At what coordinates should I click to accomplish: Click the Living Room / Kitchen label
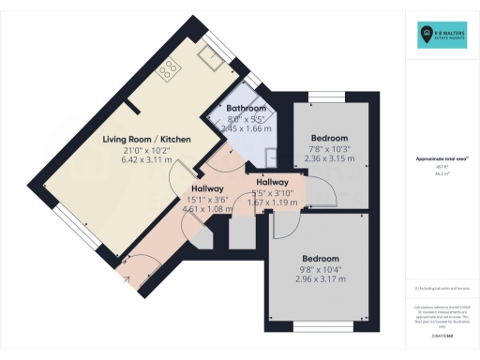[x=147, y=140]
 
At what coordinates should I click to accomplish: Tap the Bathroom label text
[x=246, y=109]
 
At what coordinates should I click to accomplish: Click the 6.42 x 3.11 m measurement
[x=146, y=161]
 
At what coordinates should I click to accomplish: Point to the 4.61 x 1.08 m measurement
[x=205, y=210]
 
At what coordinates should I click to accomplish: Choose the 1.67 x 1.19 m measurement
[x=272, y=203]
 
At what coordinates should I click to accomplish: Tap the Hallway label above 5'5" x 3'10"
[x=272, y=182]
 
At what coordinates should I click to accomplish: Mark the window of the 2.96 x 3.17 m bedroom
[x=319, y=325]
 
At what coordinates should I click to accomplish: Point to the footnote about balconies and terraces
[x=441, y=288]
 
